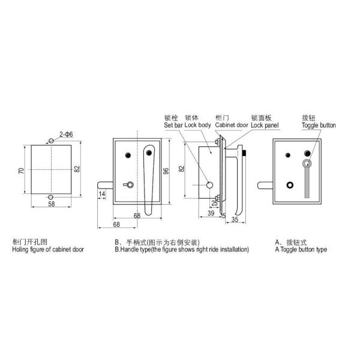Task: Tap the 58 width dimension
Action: click(x=52, y=205)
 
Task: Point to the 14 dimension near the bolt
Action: click(x=102, y=194)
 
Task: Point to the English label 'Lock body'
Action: click(x=198, y=125)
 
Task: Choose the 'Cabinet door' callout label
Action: click(x=230, y=125)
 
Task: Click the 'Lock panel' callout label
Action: click(x=265, y=125)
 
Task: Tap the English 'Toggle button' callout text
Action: click(x=318, y=125)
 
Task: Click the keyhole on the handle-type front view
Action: click(x=128, y=185)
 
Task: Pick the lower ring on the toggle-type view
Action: click(x=292, y=185)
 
